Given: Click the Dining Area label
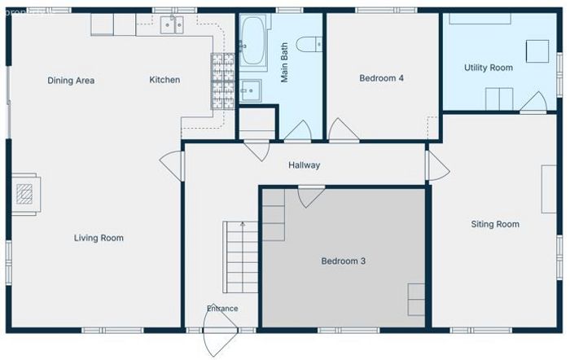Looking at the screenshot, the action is pos(71,81).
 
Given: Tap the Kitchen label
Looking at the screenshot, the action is pos(164,80).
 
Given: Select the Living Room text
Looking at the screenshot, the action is pos(99,238).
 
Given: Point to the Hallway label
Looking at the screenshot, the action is pos(305,165).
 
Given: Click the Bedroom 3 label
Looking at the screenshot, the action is pos(343,261).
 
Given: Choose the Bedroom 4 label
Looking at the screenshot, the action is pos(381,78).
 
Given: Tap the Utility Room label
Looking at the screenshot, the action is pos(489,68).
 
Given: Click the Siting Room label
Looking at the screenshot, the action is pos(495,224).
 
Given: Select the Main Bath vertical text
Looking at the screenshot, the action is pos(284,63).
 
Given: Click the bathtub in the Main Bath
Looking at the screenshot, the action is pos(253,41).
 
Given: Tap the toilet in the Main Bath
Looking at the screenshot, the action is pos(309,44).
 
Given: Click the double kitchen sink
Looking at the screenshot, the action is pos(172,24).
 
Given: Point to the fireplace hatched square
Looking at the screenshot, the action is pos(24,194).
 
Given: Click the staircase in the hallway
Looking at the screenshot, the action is pos(240,257).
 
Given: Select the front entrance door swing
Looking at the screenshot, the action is pos(221,330).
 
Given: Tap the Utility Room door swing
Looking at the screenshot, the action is pos(533,102).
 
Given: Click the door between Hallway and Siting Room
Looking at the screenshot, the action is pos(438,166).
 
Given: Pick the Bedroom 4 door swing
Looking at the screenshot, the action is pos(343,130).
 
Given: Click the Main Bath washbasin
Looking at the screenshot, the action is pos(250,90).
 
